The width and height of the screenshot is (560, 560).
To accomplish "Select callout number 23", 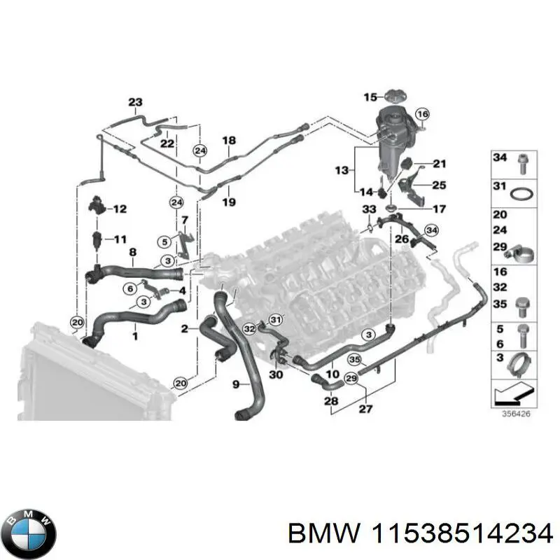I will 135,102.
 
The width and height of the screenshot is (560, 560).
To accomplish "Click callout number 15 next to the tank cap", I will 370,97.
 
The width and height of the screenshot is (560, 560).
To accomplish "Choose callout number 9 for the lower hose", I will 236,383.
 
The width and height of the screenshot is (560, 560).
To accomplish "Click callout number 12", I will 120,209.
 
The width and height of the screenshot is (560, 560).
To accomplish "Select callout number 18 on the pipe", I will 229,141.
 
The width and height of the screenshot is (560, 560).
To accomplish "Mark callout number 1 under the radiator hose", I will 135,336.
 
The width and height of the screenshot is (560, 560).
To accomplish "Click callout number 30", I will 275,374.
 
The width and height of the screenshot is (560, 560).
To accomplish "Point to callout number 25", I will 438,185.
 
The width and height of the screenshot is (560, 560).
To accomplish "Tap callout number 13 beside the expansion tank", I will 341,170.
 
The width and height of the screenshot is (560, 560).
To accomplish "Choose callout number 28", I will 331,400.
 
